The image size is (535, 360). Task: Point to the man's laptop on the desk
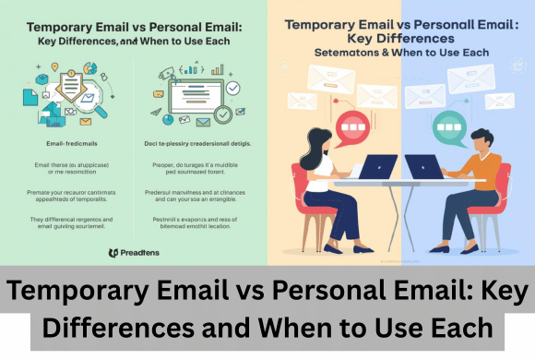pyautogui.click(x=423, y=167)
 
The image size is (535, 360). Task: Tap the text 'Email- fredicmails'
pyautogui.click(x=69, y=144)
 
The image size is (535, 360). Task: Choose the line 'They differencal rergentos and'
pyautogui.click(x=67, y=219)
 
